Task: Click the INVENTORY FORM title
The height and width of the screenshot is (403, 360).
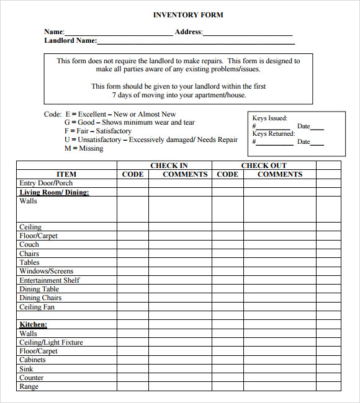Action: [x=188, y=15]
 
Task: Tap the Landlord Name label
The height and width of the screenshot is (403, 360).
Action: [x=70, y=41]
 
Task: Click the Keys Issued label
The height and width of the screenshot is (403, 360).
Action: [x=270, y=118]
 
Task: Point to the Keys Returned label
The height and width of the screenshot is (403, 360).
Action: [x=274, y=134]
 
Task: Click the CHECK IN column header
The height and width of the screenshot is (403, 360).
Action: [x=169, y=166]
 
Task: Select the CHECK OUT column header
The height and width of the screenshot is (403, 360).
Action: [x=264, y=166]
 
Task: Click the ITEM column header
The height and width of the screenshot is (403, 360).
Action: [x=66, y=174]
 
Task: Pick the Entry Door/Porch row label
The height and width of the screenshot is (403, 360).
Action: [x=46, y=184]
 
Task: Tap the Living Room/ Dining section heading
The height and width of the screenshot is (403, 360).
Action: [x=55, y=192]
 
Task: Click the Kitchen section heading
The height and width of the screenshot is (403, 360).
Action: [x=34, y=324]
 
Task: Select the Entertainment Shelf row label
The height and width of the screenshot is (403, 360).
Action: [x=50, y=280]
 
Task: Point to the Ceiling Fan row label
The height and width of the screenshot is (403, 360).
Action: [x=37, y=307]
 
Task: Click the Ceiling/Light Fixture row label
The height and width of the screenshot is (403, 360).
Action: [x=51, y=342]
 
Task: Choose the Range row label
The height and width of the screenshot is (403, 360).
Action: [x=29, y=386]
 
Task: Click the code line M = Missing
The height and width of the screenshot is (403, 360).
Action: [x=84, y=149]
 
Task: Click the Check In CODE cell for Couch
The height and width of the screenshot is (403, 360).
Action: [x=133, y=245]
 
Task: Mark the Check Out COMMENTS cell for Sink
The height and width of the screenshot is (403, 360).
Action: [x=279, y=369]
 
